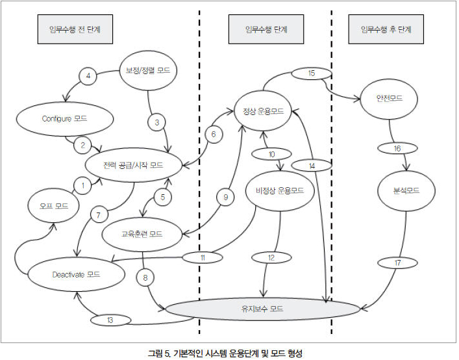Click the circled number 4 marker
click(x=88, y=76)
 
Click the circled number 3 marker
click(x=156, y=121)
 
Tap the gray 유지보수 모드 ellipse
click(x=262, y=309)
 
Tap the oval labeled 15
click(x=310, y=73)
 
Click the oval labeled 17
click(x=397, y=262)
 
